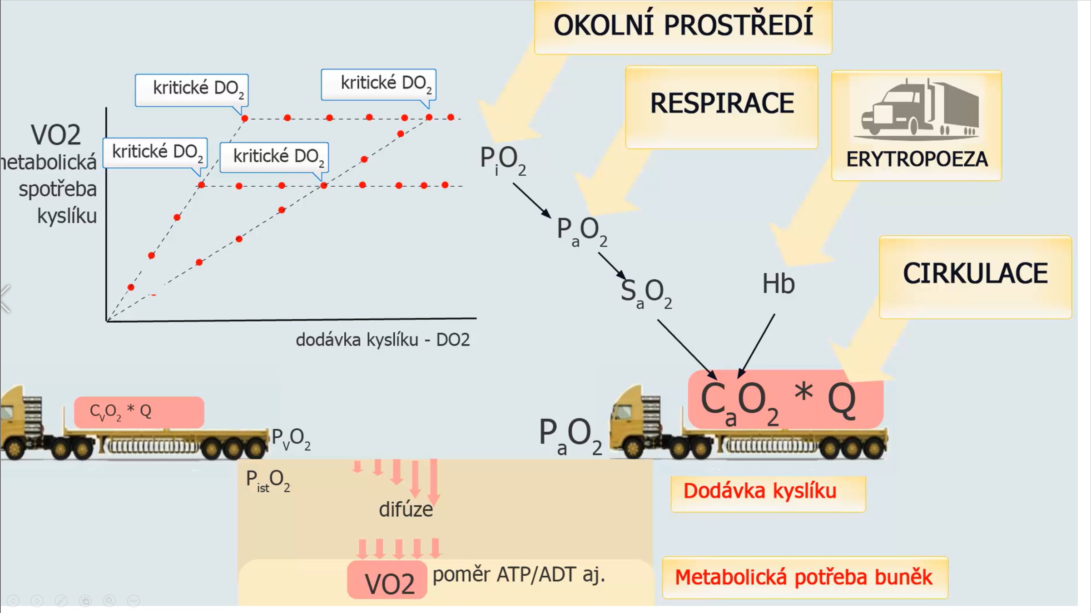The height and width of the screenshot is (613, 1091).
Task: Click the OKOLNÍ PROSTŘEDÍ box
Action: pos(683,26)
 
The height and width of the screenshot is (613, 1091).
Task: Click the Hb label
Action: pos(778,284)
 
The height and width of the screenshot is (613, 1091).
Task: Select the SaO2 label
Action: pos(645,292)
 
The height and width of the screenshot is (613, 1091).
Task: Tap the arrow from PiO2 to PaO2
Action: pos(531,200)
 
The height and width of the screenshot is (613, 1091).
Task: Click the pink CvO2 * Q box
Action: pos(139,412)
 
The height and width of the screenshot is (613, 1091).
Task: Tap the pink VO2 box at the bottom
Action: pos(387,581)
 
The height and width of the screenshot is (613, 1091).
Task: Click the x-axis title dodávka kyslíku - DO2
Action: pos(382,340)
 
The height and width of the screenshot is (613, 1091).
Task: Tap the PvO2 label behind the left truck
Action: pos(291,439)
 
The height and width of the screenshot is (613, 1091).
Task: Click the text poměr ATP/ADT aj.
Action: pos(519,575)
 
